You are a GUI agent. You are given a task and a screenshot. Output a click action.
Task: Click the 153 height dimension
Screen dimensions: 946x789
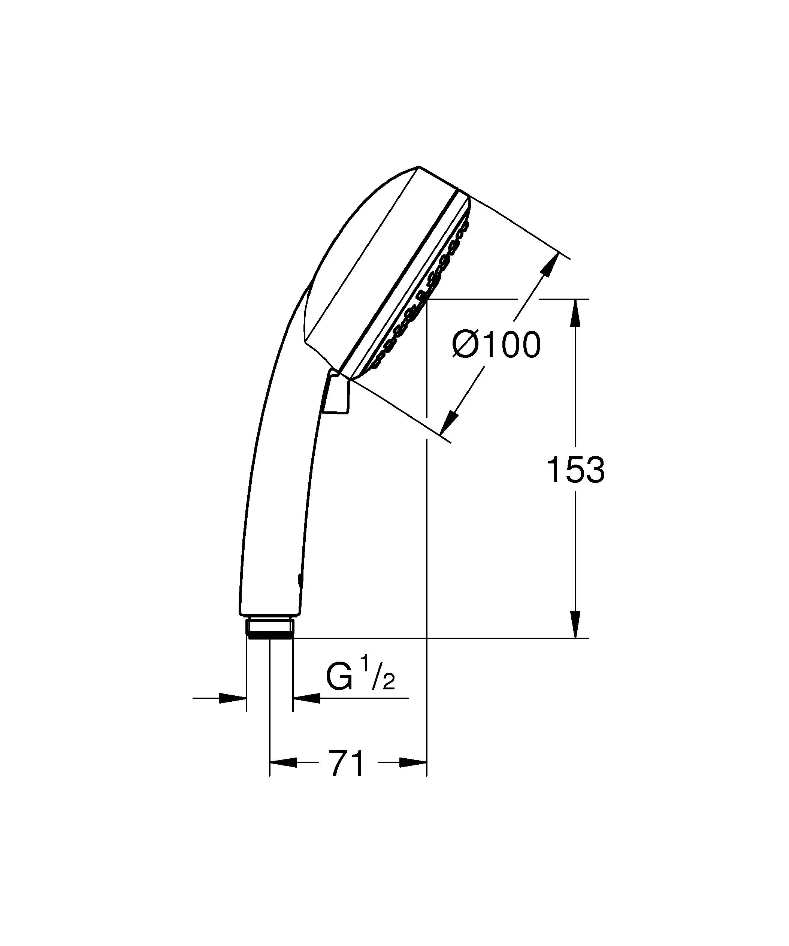575,469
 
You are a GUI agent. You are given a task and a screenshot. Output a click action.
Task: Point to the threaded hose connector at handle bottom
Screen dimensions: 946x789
270,628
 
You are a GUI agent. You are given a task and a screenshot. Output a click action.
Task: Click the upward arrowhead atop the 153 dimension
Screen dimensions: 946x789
575,312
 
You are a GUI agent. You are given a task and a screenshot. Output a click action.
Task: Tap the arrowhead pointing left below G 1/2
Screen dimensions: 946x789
307,699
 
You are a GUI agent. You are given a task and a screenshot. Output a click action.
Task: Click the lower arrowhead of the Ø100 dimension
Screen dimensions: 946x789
450,423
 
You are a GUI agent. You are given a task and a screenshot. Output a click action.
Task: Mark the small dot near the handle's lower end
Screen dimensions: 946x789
300,579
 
